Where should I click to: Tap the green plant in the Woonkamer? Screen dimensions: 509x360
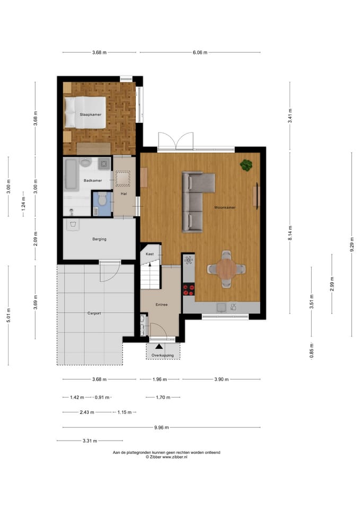[x=246, y=165]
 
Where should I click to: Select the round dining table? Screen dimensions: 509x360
[x=227, y=269]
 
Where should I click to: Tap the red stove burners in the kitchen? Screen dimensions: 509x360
[x=189, y=289]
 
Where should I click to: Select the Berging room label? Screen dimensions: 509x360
[x=99, y=239]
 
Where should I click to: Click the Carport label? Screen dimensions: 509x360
[x=94, y=313]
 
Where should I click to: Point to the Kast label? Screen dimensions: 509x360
[x=150, y=254]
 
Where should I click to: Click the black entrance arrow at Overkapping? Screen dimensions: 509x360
[x=158, y=346]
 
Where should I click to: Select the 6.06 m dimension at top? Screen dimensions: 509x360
[x=200, y=52]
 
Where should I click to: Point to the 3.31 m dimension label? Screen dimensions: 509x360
[x=90, y=440]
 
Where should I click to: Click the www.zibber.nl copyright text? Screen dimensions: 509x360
[x=166, y=457]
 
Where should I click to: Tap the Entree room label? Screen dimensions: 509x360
[x=161, y=305]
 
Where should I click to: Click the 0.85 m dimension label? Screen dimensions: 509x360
[x=312, y=351]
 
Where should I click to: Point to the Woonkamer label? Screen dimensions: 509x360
[x=225, y=207]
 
